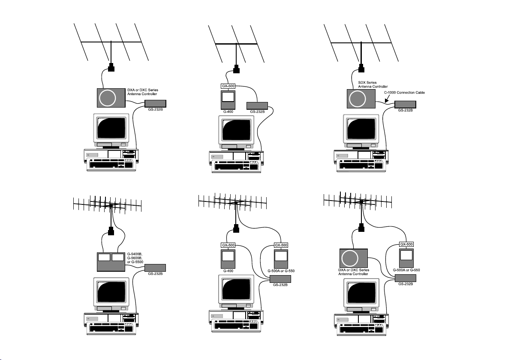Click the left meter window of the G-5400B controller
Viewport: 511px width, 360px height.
click(104, 258)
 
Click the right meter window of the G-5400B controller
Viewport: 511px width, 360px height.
click(117, 258)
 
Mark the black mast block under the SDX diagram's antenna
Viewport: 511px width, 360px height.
click(361, 68)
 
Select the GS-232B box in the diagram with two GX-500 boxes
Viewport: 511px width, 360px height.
click(280, 279)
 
